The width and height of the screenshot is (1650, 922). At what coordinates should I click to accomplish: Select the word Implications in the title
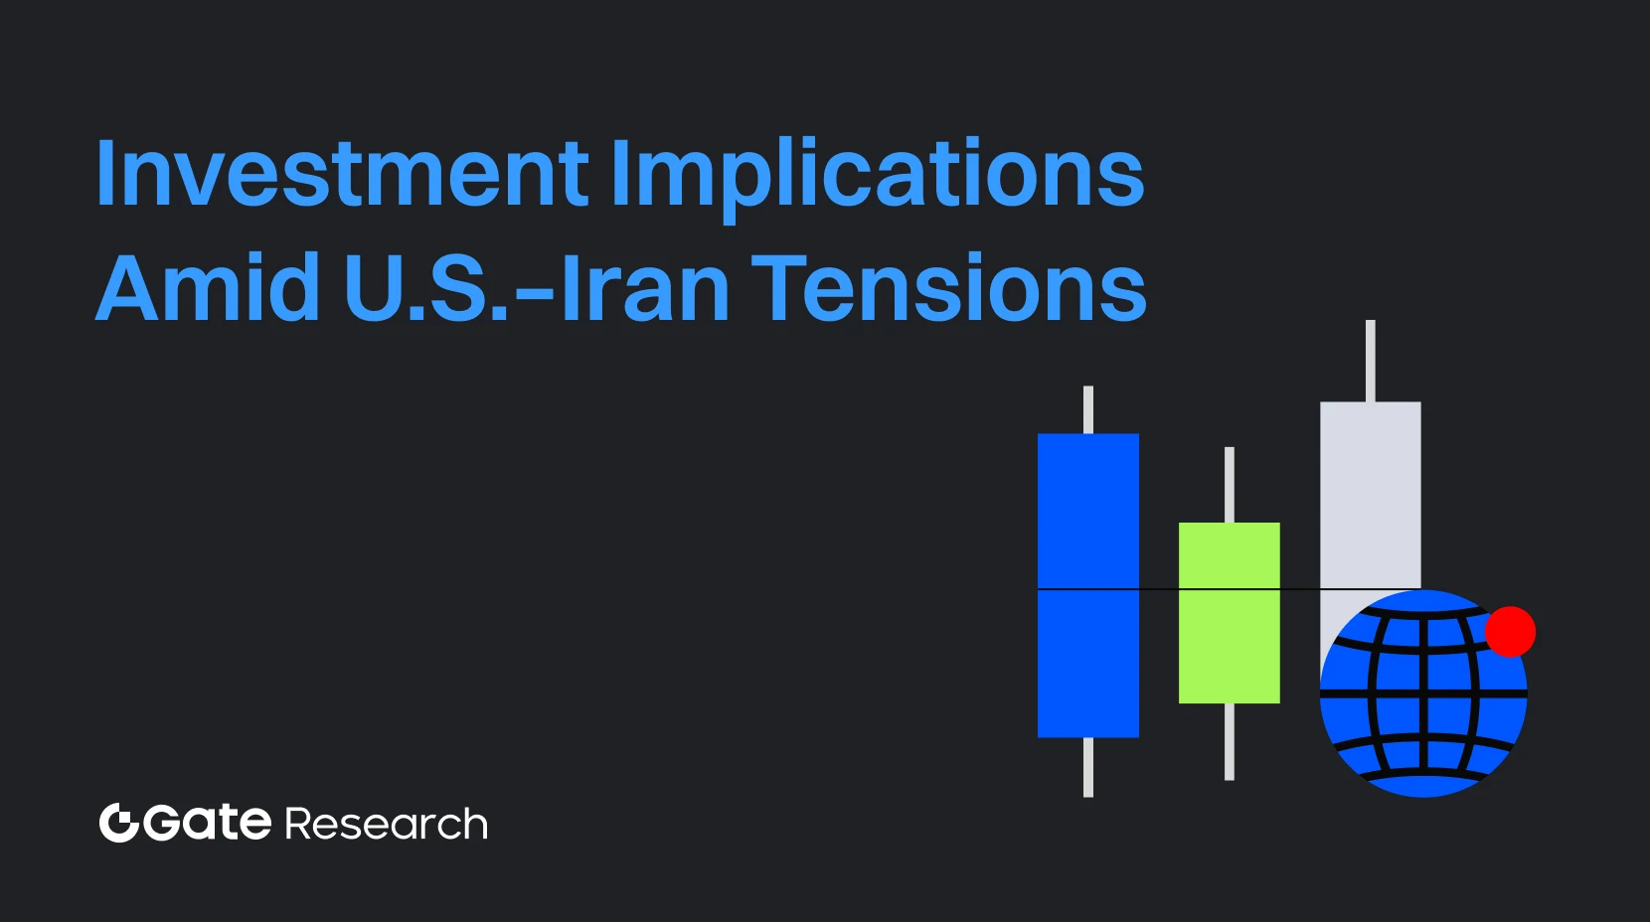[x=878, y=175]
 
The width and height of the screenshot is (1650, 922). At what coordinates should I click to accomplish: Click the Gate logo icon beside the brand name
[x=118, y=823]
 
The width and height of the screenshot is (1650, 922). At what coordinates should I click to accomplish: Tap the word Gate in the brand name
[x=208, y=823]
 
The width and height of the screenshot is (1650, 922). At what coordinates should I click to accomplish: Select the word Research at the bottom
[x=387, y=825]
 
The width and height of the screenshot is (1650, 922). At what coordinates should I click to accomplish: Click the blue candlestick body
[x=1087, y=517]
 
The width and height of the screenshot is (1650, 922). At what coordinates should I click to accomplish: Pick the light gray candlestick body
[x=1370, y=487]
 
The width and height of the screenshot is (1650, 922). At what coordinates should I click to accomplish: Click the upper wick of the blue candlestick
[x=1088, y=409]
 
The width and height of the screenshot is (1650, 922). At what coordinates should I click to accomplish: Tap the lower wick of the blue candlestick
[x=1088, y=767]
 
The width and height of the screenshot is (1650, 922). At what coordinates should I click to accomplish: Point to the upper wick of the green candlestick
[x=1230, y=484]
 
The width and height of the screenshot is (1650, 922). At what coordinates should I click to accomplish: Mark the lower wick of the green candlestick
[x=1230, y=741]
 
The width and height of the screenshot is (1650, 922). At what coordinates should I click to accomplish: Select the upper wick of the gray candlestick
[x=1371, y=360]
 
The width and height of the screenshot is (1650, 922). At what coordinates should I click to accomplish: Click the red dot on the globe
[x=1510, y=632]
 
